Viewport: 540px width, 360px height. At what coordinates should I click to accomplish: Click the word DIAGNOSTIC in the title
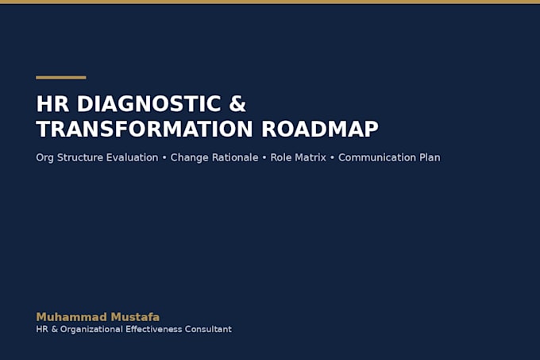click(148, 104)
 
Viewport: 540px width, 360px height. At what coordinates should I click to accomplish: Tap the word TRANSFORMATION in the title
click(145, 130)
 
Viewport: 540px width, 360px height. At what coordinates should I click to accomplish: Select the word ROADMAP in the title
click(320, 130)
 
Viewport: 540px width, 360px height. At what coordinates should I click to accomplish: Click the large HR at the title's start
click(52, 104)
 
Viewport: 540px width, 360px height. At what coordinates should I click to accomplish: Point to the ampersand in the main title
click(237, 104)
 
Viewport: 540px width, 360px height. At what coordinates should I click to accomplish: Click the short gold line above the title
click(61, 78)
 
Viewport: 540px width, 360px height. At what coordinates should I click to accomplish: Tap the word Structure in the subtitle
click(80, 157)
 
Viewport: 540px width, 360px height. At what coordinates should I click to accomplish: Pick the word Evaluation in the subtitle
click(133, 157)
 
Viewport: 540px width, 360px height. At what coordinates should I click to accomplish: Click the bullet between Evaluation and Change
click(164, 158)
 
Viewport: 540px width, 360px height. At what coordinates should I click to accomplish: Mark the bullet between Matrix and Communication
click(332, 158)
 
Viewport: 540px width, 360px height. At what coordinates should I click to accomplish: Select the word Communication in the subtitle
click(376, 157)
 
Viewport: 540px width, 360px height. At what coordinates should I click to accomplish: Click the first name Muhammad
click(71, 317)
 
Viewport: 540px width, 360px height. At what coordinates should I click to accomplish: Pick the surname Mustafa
click(135, 317)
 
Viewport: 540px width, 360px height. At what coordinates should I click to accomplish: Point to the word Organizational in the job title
click(91, 329)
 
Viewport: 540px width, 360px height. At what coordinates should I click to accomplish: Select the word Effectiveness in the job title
click(153, 329)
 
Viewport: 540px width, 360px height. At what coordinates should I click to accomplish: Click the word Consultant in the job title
click(208, 329)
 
